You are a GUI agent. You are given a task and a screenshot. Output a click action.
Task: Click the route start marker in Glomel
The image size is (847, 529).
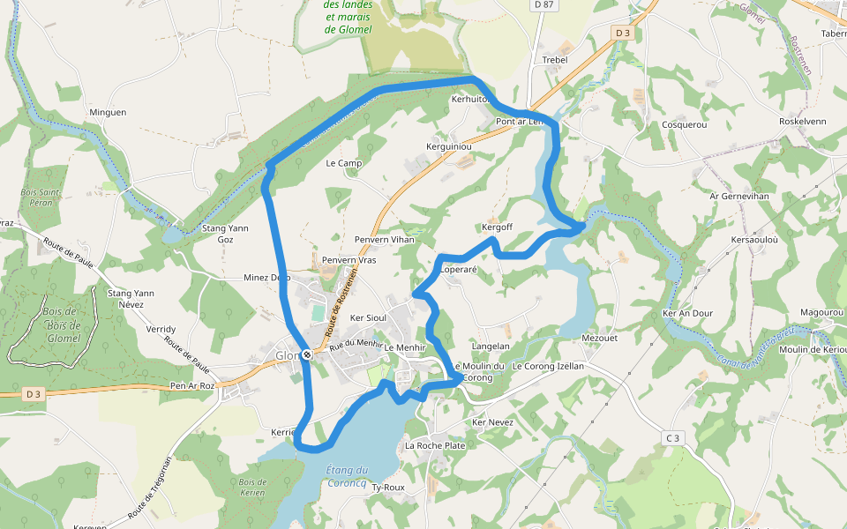[307, 354]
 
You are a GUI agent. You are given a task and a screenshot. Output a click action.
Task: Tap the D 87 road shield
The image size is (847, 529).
[544, 5]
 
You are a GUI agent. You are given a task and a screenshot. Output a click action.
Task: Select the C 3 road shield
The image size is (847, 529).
[673, 437]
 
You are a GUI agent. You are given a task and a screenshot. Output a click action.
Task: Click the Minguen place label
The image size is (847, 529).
[108, 113]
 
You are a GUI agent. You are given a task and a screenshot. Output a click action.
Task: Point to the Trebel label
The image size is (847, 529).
[554, 60]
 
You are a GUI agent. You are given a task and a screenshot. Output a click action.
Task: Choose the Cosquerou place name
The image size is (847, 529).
[684, 125]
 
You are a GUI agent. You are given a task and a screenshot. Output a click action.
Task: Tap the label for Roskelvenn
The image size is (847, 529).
[802, 122]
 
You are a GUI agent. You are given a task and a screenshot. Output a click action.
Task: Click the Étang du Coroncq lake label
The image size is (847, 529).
[347, 476]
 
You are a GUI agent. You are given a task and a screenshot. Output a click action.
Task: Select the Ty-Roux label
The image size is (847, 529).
[388, 488]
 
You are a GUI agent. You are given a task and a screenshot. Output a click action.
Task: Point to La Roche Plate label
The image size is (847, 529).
[435, 446]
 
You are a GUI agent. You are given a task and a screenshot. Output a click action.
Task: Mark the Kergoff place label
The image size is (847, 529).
[498, 227]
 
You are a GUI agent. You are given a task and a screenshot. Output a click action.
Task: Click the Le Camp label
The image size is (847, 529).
[344, 164]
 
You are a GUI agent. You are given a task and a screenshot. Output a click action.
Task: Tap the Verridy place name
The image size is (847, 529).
[161, 329]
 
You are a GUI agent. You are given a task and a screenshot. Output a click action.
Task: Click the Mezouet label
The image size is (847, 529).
[600, 338]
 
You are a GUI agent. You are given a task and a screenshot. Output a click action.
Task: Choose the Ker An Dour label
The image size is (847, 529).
[687, 313]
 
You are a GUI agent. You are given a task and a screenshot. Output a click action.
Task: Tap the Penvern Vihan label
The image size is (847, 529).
[384, 240]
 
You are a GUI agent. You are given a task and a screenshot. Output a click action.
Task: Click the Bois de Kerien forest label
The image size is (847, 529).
[252, 487]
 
